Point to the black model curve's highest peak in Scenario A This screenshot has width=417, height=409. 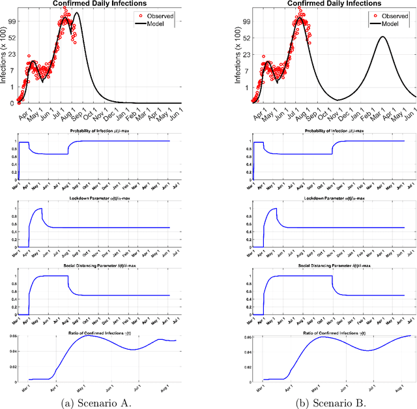pos(77,13)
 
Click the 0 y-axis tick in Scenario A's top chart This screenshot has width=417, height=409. pos(12,103)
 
